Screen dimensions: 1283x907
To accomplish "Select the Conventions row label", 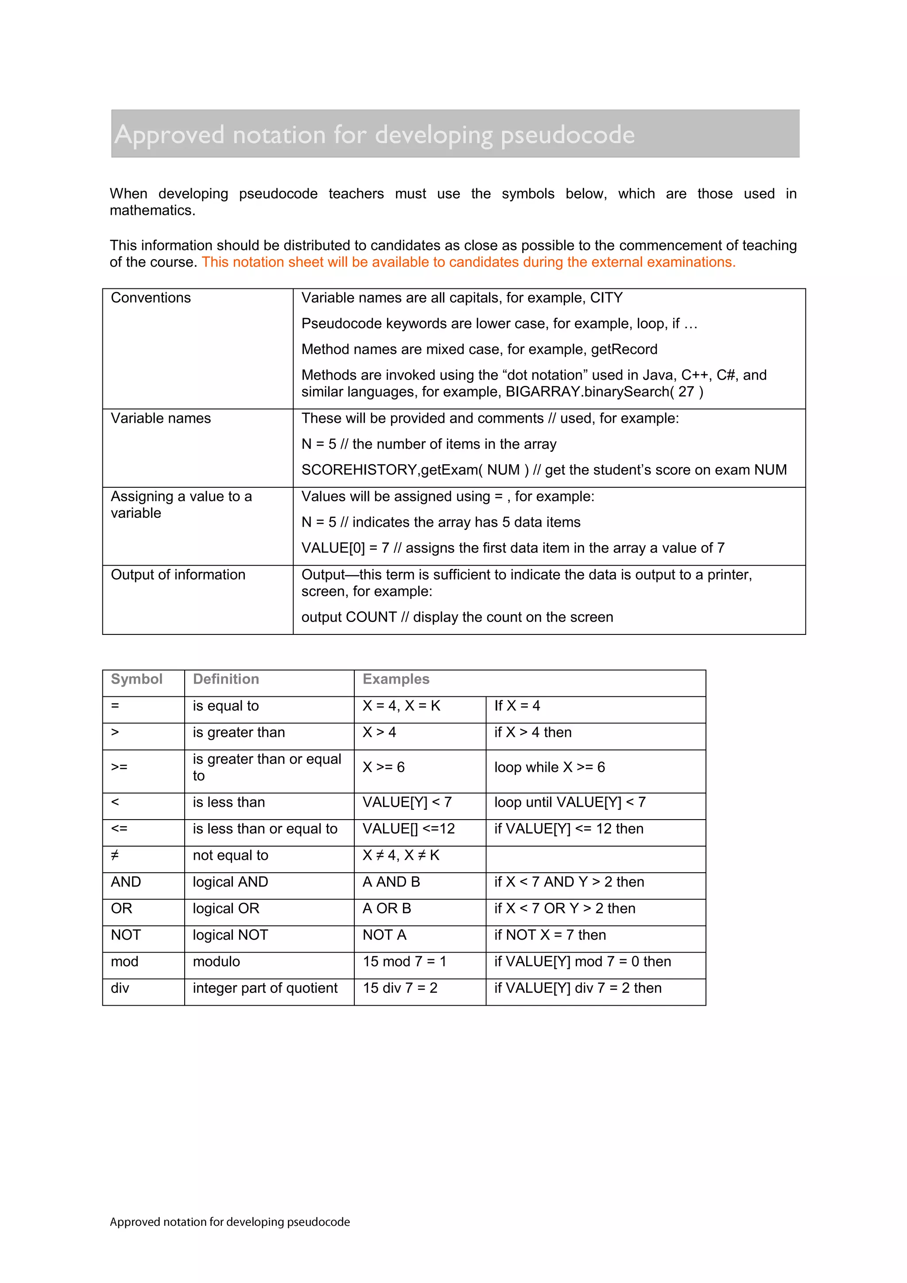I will (x=151, y=298).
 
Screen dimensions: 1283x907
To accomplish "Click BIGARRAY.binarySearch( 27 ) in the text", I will (x=604, y=392).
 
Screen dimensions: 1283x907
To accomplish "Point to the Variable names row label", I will (x=161, y=419).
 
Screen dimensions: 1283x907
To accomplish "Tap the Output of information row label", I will (x=178, y=575).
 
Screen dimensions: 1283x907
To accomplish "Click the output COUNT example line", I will (x=457, y=618).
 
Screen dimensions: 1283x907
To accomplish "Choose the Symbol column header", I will (x=137, y=680).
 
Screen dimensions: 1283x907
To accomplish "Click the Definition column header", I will (x=226, y=680).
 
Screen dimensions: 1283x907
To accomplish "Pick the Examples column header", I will (x=396, y=680).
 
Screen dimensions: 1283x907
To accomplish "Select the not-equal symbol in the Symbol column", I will (x=115, y=855).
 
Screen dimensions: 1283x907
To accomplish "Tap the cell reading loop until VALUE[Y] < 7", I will (x=570, y=802).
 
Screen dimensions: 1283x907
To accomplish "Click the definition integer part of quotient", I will (x=265, y=988).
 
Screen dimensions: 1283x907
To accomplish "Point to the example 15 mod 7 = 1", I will (x=404, y=962).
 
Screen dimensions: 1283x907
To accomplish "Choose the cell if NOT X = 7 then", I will (x=550, y=935).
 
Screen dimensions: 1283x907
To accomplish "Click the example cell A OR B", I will (x=387, y=909).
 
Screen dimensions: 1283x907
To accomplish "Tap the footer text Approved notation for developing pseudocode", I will (x=229, y=1222).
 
